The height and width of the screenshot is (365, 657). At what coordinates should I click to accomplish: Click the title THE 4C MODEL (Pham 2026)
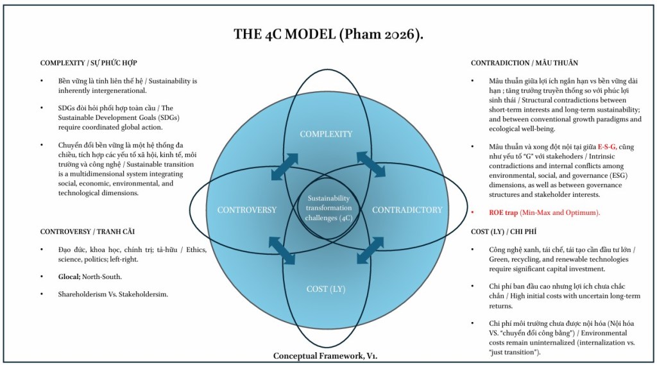click(x=328, y=35)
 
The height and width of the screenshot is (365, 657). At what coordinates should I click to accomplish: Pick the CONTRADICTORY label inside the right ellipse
click(x=407, y=210)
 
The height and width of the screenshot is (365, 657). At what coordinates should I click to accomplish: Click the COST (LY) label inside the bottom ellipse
click(x=326, y=289)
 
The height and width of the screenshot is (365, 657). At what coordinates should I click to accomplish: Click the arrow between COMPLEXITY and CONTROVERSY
click(x=284, y=167)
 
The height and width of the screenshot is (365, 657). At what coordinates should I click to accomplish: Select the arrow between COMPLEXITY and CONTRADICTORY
click(x=371, y=165)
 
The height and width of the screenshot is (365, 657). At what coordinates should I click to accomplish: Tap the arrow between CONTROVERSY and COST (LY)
click(x=282, y=250)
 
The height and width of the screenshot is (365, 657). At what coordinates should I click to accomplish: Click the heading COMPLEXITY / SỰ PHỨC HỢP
click(x=89, y=63)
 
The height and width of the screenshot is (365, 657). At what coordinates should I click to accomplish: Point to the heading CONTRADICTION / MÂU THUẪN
click(x=524, y=63)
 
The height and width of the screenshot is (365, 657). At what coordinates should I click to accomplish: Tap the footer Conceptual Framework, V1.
click(x=328, y=355)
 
